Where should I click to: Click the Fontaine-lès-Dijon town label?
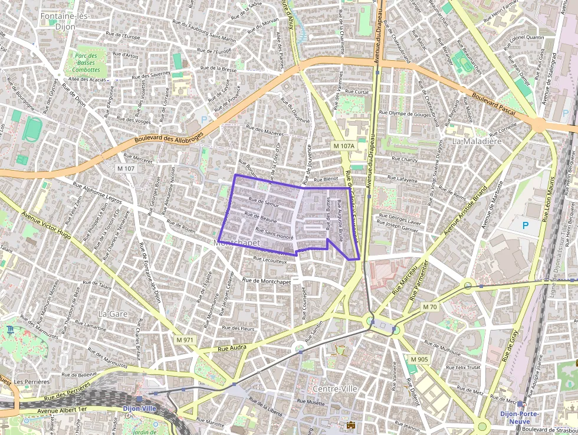click(x=64, y=21)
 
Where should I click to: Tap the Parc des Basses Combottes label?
click(x=86, y=62)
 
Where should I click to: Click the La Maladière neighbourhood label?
click(x=477, y=142)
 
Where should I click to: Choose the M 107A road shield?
click(x=343, y=146)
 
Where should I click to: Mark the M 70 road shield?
click(x=430, y=307)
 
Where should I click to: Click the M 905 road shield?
click(x=419, y=359)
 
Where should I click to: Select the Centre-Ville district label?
click(x=335, y=389)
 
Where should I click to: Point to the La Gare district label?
click(x=113, y=314)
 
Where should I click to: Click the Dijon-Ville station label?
click(x=139, y=408)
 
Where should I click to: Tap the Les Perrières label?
click(x=32, y=382)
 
